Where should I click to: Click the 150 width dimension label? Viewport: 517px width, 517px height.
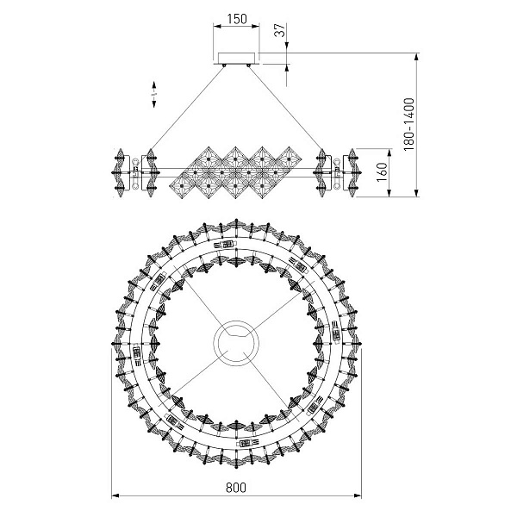(x=236, y=19)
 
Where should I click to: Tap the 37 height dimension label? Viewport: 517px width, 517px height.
(x=280, y=31)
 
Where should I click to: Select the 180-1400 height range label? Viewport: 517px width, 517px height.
(x=408, y=124)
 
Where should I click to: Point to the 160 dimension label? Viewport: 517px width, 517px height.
(x=382, y=171)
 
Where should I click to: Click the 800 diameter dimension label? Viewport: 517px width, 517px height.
(x=236, y=488)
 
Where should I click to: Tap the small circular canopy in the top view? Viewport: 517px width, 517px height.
(x=236, y=342)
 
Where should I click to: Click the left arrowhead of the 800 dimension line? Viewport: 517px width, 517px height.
(x=115, y=495)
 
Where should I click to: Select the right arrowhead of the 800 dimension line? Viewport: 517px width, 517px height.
(x=358, y=495)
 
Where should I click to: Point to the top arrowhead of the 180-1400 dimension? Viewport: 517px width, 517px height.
(x=416, y=57)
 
